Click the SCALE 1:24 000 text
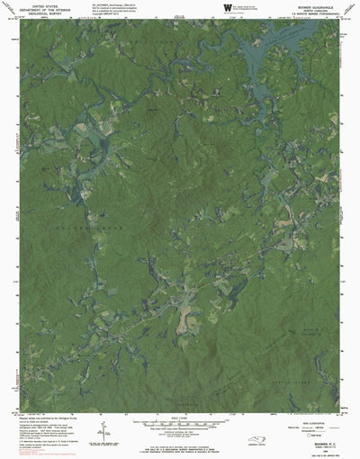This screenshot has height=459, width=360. point(180,419)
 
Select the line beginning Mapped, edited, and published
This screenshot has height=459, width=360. point(40,418)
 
